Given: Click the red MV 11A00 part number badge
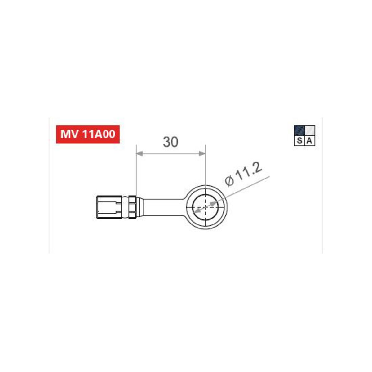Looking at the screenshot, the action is pyautogui.click(x=88, y=134).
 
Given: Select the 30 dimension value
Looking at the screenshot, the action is pyautogui.click(x=170, y=142).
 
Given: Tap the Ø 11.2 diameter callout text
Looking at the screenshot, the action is pyautogui.click(x=244, y=174).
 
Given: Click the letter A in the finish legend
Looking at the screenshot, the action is pyautogui.click(x=309, y=141).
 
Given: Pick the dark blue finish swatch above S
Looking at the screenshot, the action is pyautogui.click(x=299, y=131).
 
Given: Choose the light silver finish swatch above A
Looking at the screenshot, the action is pyautogui.click(x=310, y=131).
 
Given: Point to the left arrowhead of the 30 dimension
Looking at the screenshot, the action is pyautogui.click(x=139, y=153).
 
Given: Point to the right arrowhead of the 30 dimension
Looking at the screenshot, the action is pyautogui.click(x=202, y=153).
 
